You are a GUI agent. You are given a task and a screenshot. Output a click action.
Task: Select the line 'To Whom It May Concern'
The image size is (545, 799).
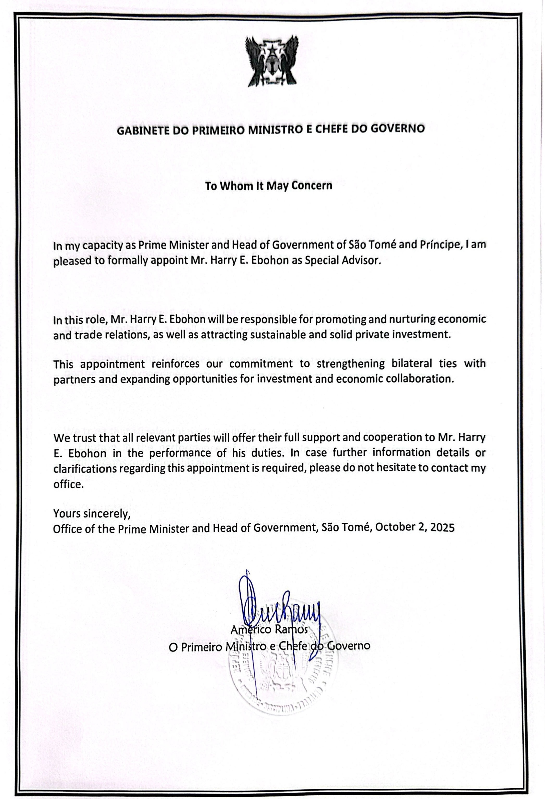[x=268, y=186]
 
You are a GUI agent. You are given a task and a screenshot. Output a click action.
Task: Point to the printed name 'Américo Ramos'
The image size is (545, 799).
[x=269, y=630]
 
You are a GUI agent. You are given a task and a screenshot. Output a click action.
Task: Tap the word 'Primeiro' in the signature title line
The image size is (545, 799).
[x=202, y=647]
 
